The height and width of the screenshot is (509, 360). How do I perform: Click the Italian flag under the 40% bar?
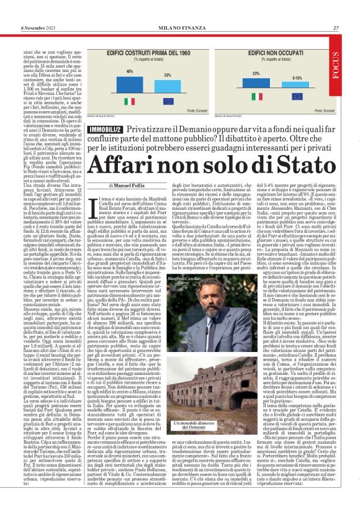tap(130, 97)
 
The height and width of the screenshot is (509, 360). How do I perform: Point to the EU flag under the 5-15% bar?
tap(297, 97)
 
